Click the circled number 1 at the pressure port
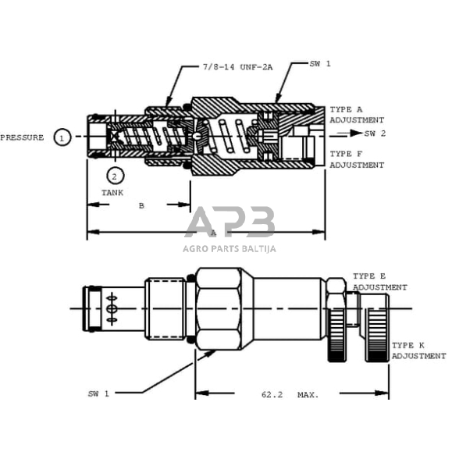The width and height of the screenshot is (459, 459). [62, 137]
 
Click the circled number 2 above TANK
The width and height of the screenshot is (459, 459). [115, 176]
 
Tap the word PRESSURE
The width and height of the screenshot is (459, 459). [22, 137]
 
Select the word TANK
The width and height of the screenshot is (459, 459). [112, 193]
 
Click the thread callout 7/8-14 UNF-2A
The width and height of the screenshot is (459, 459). [237, 67]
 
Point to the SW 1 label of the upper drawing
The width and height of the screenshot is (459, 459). [320, 63]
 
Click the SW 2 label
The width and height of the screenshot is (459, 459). [375, 133]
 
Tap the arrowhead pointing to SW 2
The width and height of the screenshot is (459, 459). [356, 133]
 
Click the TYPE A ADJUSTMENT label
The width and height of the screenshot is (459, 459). [357, 115]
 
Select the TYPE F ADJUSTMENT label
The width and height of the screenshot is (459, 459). [357, 159]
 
